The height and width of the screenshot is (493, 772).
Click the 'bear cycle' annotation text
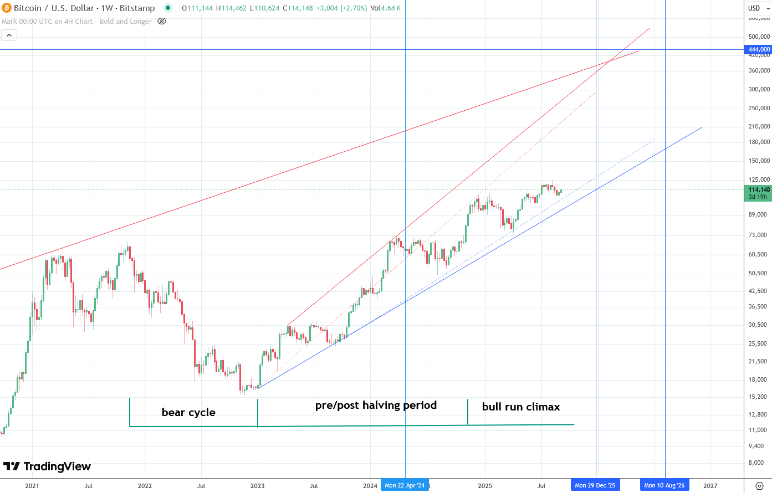(188, 412)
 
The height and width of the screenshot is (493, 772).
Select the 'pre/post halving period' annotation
(376, 405)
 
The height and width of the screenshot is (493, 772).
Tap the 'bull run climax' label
(520, 407)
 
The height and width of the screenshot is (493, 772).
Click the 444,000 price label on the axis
(759, 49)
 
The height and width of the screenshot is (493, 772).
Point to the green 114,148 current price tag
(759, 189)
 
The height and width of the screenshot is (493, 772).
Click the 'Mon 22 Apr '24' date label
(405, 485)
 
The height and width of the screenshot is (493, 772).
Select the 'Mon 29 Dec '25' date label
(595, 485)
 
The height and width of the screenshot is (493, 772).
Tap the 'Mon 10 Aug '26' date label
(664, 485)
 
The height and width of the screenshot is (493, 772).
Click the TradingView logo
(47, 466)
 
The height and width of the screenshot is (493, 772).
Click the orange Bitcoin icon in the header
(7, 8)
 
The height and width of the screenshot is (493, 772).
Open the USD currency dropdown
(758, 8)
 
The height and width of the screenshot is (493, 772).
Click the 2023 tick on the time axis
(257, 486)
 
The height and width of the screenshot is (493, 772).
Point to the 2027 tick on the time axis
(710, 486)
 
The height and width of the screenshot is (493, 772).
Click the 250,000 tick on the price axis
(759, 108)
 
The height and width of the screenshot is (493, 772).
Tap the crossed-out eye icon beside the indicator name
(162, 21)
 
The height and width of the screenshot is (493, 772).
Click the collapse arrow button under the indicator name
(9, 35)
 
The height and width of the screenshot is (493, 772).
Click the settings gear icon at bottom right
(759, 486)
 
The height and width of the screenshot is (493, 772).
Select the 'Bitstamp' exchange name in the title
(137, 8)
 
